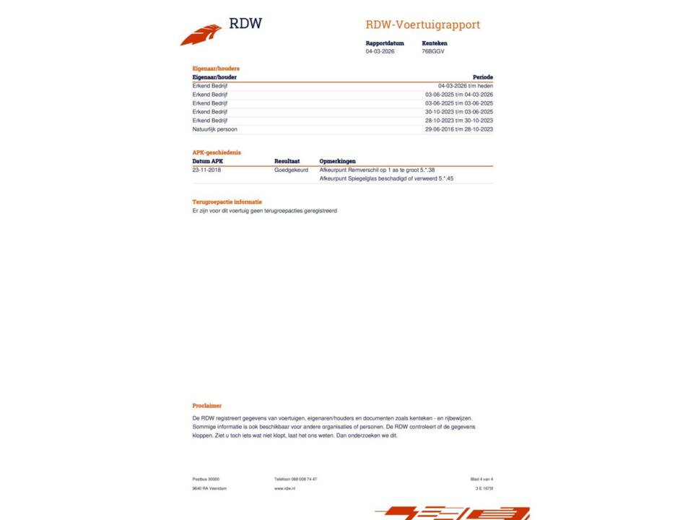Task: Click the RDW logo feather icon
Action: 201,35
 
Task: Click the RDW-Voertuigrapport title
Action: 422,25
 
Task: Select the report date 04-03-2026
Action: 380,51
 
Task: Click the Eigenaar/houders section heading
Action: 216,69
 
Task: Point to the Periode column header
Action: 482,77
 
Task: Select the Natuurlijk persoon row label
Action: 214,129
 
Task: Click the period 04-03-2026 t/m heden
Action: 465,86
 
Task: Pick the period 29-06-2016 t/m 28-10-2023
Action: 458,129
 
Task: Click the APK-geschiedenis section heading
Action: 217,152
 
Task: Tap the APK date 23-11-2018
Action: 206,170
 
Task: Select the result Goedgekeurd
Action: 291,170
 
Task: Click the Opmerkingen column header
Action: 337,161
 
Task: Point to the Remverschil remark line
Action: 376,170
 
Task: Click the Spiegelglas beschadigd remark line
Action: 385,178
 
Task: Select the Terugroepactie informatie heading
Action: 227,202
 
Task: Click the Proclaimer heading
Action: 206,406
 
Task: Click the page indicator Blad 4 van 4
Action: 481,479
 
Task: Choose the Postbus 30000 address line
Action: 206,479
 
